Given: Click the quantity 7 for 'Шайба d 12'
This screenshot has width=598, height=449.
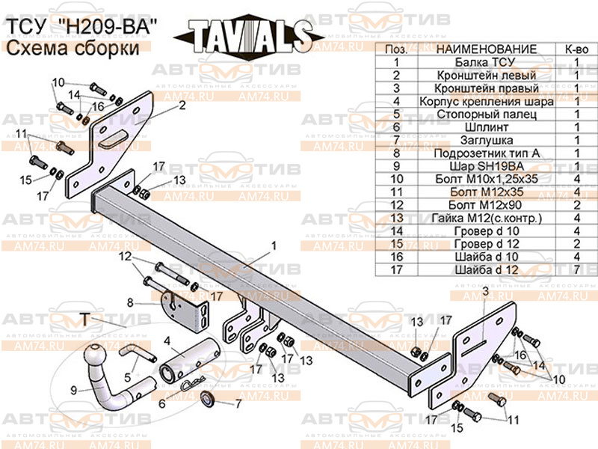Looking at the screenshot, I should click(x=576, y=268).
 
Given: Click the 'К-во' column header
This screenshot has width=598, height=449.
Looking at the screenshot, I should click(x=576, y=49).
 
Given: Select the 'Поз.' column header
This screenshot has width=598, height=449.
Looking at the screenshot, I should click(x=395, y=49).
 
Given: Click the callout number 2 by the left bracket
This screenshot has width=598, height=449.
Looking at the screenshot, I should click(x=182, y=106).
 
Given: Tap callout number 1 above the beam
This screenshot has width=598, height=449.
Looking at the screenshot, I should click(x=274, y=245).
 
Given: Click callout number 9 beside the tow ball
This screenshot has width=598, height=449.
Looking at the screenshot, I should click(x=74, y=389).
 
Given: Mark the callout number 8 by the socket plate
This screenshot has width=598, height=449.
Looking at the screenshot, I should click(x=129, y=302).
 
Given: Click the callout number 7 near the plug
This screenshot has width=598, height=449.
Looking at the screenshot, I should click(x=238, y=404).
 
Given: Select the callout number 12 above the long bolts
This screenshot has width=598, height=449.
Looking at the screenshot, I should click(x=126, y=257).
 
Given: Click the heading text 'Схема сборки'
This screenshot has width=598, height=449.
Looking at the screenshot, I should click(x=73, y=49).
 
